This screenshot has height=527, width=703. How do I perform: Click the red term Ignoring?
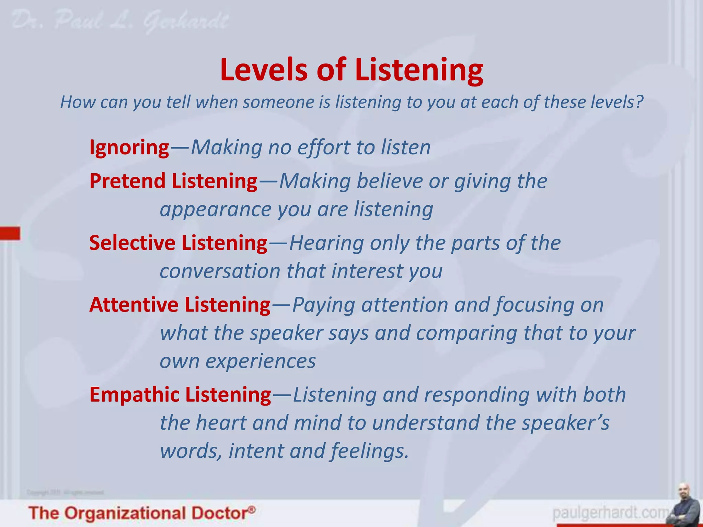tap(129, 148)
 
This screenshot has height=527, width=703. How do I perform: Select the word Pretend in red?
tap(128, 181)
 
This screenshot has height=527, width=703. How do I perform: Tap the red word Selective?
tap(132, 243)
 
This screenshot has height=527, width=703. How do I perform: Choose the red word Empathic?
tap(134, 394)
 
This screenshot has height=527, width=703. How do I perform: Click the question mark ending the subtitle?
tap(639, 102)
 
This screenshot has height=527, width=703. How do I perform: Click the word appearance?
tap(216, 210)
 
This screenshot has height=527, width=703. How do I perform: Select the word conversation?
tap(220, 271)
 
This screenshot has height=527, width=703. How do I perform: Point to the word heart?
tap(221, 423)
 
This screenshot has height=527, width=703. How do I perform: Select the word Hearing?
tap(326, 243)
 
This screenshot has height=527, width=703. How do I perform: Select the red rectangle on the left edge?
tap(10, 233)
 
